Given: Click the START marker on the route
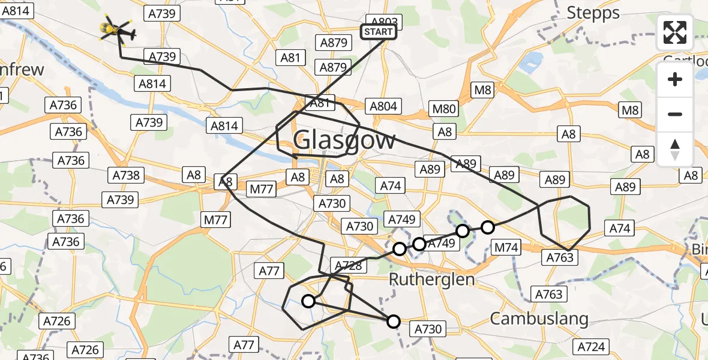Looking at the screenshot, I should coord(378,32).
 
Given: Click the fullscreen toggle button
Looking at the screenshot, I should coord(675,32).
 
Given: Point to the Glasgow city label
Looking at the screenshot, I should coord(345,140).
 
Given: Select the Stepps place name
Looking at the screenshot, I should coord(593,13).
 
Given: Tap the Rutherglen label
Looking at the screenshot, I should coord(431,279).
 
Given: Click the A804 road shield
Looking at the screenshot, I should coord(383,107).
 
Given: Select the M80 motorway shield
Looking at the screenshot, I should coord(444,109).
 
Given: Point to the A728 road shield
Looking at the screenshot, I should coord(347,265).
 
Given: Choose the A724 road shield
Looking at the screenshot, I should coord(591,346).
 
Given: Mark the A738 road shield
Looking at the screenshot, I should coord(127,175).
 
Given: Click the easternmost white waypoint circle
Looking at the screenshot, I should coord(488,227).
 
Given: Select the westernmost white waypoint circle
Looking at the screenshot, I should coord(308,301).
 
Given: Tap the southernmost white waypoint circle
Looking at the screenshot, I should coord(393,322).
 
